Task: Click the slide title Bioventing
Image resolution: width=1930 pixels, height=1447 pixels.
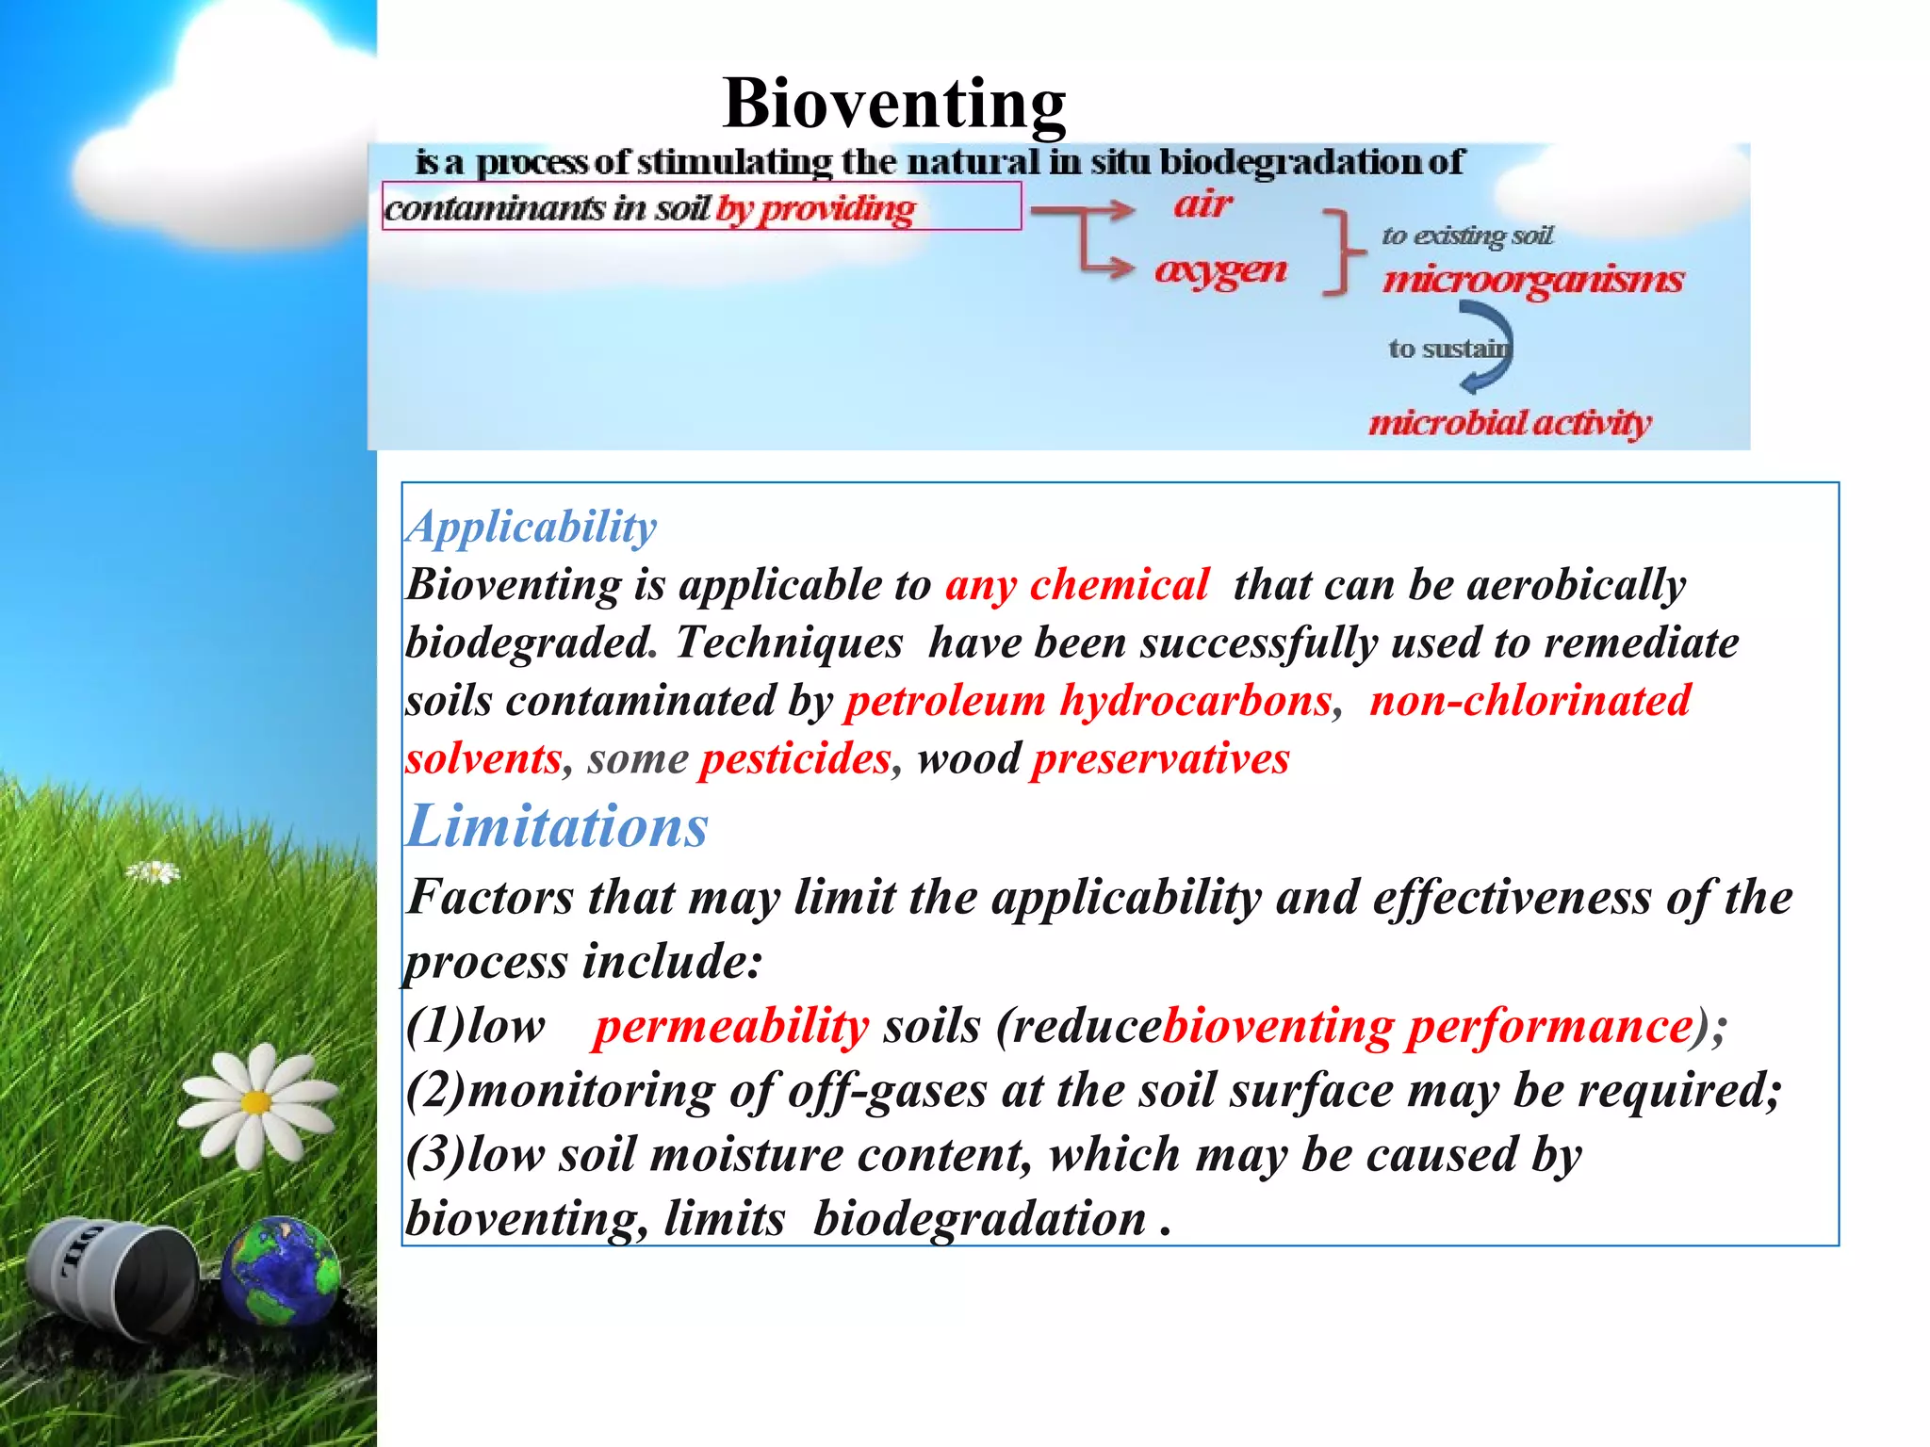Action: [x=893, y=104]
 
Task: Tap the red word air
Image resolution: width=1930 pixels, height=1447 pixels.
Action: [x=1202, y=204]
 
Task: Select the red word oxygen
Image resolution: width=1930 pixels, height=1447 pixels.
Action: [x=1220, y=270]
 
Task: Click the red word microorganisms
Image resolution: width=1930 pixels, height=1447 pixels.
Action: [x=1532, y=280]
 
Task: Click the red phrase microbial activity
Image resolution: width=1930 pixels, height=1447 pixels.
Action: [x=1509, y=423]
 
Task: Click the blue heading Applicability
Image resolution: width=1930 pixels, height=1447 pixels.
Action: [x=532, y=527]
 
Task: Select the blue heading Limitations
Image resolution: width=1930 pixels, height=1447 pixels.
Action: [x=557, y=827]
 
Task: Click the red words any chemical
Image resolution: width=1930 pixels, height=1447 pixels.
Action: [x=1076, y=585]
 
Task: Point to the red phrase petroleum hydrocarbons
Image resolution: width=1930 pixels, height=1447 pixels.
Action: [x=1088, y=701]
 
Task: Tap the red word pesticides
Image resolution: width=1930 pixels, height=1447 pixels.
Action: [x=794, y=759]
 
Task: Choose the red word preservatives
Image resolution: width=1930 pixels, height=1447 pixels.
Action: [x=1159, y=759]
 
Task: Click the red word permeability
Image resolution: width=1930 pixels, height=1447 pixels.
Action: [x=730, y=1027]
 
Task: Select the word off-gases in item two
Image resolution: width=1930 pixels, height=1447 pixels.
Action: [x=887, y=1092]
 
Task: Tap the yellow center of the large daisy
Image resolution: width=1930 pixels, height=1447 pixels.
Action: [x=255, y=1101]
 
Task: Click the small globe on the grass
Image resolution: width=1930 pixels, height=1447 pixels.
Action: [x=280, y=1271]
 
